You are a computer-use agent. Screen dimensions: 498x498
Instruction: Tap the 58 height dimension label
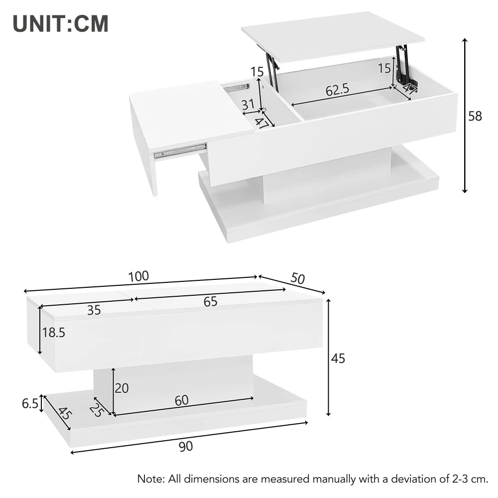pyautogui.click(x=475, y=117)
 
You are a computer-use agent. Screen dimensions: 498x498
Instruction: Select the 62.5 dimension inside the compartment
pyautogui.click(x=337, y=90)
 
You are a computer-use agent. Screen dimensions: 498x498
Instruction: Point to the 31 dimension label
pyautogui.click(x=248, y=105)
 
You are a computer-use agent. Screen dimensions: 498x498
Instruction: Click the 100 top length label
pyautogui.click(x=138, y=276)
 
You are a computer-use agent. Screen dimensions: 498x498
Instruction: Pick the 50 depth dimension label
pyautogui.click(x=297, y=278)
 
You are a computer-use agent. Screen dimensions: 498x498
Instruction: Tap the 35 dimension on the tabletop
pyautogui.click(x=94, y=310)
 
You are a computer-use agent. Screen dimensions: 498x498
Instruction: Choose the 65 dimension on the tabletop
pyautogui.click(x=210, y=302)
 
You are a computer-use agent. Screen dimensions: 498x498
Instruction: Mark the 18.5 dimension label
pyautogui.click(x=54, y=333)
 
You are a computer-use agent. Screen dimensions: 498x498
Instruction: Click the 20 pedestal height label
pyautogui.click(x=122, y=388)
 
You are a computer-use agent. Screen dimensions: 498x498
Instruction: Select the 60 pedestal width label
pyautogui.click(x=182, y=400)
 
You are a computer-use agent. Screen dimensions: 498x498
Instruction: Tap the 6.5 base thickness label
pyautogui.click(x=30, y=404)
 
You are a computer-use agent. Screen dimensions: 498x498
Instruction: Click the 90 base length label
pyautogui.click(x=186, y=447)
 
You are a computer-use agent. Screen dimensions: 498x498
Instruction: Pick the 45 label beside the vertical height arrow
pyautogui.click(x=338, y=358)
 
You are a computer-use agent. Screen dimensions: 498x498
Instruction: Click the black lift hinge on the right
pyautogui.click(x=402, y=65)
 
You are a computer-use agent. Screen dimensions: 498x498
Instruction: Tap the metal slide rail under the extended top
pyautogui.click(x=180, y=151)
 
